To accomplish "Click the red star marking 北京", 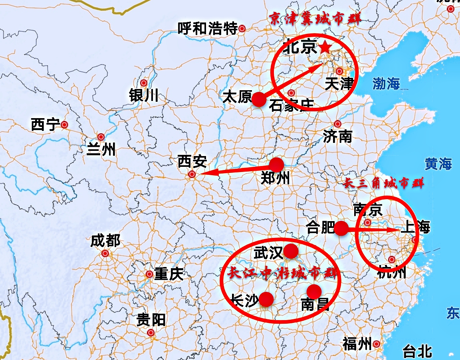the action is (325, 47).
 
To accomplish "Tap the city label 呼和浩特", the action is (207, 29).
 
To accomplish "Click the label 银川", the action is (144, 95).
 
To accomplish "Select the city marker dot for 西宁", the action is (65, 125).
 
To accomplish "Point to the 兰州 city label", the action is (101, 149).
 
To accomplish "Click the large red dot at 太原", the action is (259, 99).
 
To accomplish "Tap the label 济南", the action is (337, 136).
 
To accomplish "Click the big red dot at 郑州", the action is (276, 164).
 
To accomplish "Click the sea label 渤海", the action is (386, 83).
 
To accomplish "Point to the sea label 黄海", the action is (438, 164).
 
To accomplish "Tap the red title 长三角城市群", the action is (384, 183).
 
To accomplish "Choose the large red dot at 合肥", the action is (341, 229).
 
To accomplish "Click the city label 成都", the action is (105, 241).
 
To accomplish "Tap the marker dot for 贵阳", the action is (151, 332).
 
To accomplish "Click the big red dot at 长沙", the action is (266, 299).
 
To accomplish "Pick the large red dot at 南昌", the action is (314, 291).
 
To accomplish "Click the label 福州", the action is (357, 344).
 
